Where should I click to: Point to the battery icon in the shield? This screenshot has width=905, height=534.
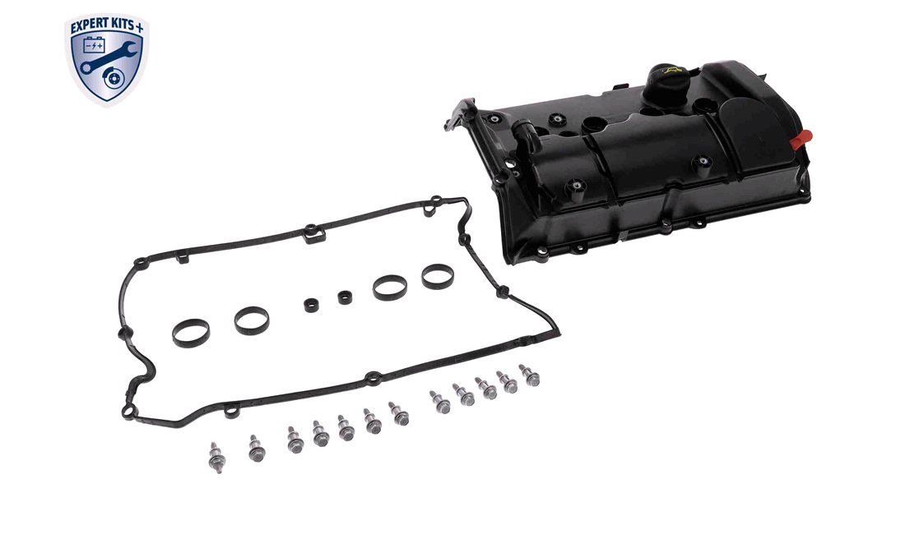click(94, 44)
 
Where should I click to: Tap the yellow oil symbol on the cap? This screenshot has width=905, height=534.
click(673, 71)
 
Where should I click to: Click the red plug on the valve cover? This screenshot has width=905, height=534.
click(802, 139)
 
